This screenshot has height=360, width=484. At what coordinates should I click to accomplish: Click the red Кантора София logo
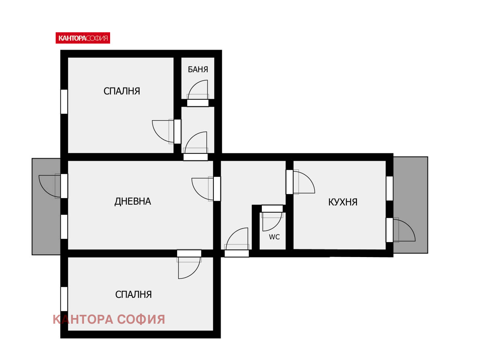(83, 38)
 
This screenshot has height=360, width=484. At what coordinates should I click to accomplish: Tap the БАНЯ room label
(198, 69)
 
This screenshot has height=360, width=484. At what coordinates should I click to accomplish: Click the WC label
(274, 237)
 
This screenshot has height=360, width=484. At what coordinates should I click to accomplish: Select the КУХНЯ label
(343, 202)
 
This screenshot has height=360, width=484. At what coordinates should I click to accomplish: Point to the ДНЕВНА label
(133, 201)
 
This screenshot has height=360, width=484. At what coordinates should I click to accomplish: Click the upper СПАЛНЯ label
(122, 91)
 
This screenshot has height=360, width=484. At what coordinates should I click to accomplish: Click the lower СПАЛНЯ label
(134, 295)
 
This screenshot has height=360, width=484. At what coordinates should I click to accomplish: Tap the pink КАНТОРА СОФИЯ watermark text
(109, 319)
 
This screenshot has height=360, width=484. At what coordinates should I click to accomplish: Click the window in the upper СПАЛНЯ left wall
(64, 102)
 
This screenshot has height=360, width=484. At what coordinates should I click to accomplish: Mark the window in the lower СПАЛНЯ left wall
(64, 299)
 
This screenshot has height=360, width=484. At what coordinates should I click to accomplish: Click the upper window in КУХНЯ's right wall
(390, 188)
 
